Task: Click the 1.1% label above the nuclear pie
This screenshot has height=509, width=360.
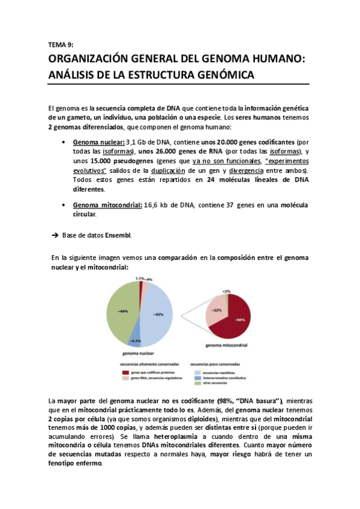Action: [x=139, y=279]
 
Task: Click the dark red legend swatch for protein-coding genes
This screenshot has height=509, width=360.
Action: [x=125, y=372]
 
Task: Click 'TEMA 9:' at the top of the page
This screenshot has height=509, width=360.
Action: [x=59, y=44]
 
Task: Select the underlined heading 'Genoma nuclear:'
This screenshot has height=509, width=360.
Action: [x=98, y=142]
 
